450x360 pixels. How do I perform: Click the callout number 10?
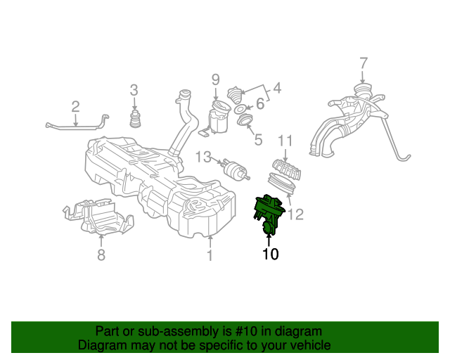click(271, 255)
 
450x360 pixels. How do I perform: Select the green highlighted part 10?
click(269, 211)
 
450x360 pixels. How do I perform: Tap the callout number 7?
click(363, 63)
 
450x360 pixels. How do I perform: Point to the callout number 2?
click(75, 106)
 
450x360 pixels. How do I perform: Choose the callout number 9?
click(216, 79)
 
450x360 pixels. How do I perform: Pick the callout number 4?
click(277, 89)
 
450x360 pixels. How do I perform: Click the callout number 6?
click(259, 104)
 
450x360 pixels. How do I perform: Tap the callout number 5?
click(258, 140)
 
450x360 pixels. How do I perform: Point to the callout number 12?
click(296, 214)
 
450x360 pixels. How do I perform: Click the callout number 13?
click(202, 156)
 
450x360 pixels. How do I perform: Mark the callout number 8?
click(101, 255)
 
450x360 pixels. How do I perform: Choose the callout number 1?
click(210, 255)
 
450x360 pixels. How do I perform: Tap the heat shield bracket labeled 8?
click(98, 217)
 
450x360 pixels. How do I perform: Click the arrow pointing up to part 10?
click(269, 238)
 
